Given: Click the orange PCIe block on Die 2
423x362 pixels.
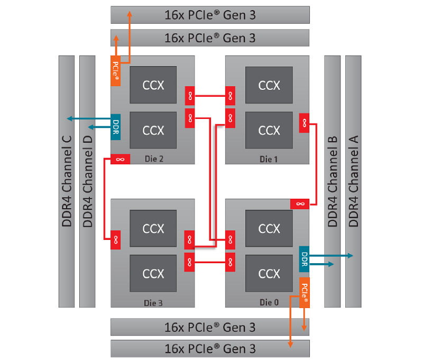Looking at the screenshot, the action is point(115,71).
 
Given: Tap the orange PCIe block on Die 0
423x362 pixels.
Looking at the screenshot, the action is point(305,292).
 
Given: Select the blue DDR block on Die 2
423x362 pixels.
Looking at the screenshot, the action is point(115,127).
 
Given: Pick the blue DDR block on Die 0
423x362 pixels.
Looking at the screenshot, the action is point(305,259).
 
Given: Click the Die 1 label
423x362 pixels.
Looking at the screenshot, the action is point(269,159).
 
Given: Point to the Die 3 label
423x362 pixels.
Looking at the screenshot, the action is point(153,303).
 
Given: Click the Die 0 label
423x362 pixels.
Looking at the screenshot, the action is point(269,302).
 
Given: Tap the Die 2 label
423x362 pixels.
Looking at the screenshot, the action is point(154,159).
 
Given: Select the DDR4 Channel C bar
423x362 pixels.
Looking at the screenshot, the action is point(67,181).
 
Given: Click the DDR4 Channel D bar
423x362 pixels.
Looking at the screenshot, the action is point(87,181).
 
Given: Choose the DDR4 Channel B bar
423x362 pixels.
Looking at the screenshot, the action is point(333,181).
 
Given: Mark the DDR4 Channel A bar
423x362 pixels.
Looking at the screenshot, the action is point(353,181).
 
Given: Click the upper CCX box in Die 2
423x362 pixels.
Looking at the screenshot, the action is point(153,85).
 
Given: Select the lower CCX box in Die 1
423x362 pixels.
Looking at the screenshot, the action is point(269,130).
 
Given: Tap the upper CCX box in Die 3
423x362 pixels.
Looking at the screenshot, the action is point(153,228).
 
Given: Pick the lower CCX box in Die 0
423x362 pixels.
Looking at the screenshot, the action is point(269,273).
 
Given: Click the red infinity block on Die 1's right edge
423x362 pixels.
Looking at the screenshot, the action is point(305,123).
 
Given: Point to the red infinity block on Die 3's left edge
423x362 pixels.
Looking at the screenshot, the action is point(116,239).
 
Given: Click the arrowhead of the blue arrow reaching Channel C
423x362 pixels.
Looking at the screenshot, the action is point(69,118).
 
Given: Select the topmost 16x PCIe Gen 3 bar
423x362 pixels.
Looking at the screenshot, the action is point(210,15).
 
